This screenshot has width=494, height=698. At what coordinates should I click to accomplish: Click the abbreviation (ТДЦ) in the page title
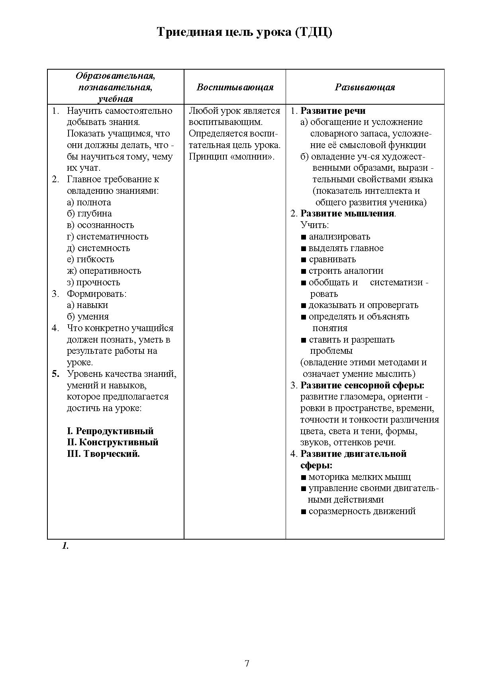click(314, 32)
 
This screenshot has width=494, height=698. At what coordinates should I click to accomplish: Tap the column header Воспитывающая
click(235, 87)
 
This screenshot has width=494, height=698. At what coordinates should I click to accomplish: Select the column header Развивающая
click(365, 87)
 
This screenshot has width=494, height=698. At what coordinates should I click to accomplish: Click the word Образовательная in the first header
click(116, 76)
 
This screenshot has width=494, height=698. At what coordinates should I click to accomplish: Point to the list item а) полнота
click(89, 202)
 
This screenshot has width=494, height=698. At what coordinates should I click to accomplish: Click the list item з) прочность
click(93, 282)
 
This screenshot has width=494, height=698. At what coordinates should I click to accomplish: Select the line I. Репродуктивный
click(110, 431)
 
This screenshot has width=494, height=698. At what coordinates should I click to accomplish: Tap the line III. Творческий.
click(104, 454)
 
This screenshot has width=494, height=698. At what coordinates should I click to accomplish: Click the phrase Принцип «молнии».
click(232, 156)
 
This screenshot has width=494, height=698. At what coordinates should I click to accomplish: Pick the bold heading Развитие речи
click(333, 111)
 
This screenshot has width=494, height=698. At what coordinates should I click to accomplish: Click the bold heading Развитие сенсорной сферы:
click(362, 385)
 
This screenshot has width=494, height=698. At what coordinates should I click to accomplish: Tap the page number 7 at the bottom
click(247, 663)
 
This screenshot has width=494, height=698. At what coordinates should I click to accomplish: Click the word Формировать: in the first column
click(96, 294)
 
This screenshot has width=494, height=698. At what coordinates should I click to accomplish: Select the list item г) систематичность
click(108, 237)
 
